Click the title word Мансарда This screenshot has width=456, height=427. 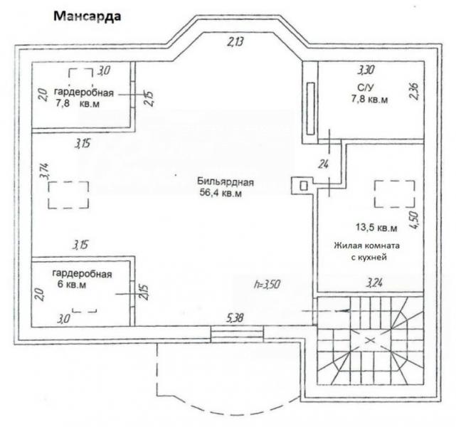pos(87,16)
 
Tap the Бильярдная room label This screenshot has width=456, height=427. pos(226,182)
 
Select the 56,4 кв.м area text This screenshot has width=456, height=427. pos(221,193)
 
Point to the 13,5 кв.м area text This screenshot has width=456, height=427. pos(376,228)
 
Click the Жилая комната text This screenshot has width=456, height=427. pos(366,246)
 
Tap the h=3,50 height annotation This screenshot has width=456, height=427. pos(267,284)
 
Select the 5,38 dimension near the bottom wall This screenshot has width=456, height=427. pos(234,318)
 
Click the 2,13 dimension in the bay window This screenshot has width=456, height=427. pos(235,43)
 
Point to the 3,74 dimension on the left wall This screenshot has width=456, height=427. pos(44,171)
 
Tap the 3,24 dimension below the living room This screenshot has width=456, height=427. pos(375,283)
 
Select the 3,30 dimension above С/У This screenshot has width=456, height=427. pos(366,70)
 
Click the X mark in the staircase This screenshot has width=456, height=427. pos(370,339)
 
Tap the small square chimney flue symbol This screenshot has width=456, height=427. pos(303,186)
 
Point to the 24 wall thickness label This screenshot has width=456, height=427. pos(323,164)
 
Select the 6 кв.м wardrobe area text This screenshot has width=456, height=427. pos(72,284)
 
